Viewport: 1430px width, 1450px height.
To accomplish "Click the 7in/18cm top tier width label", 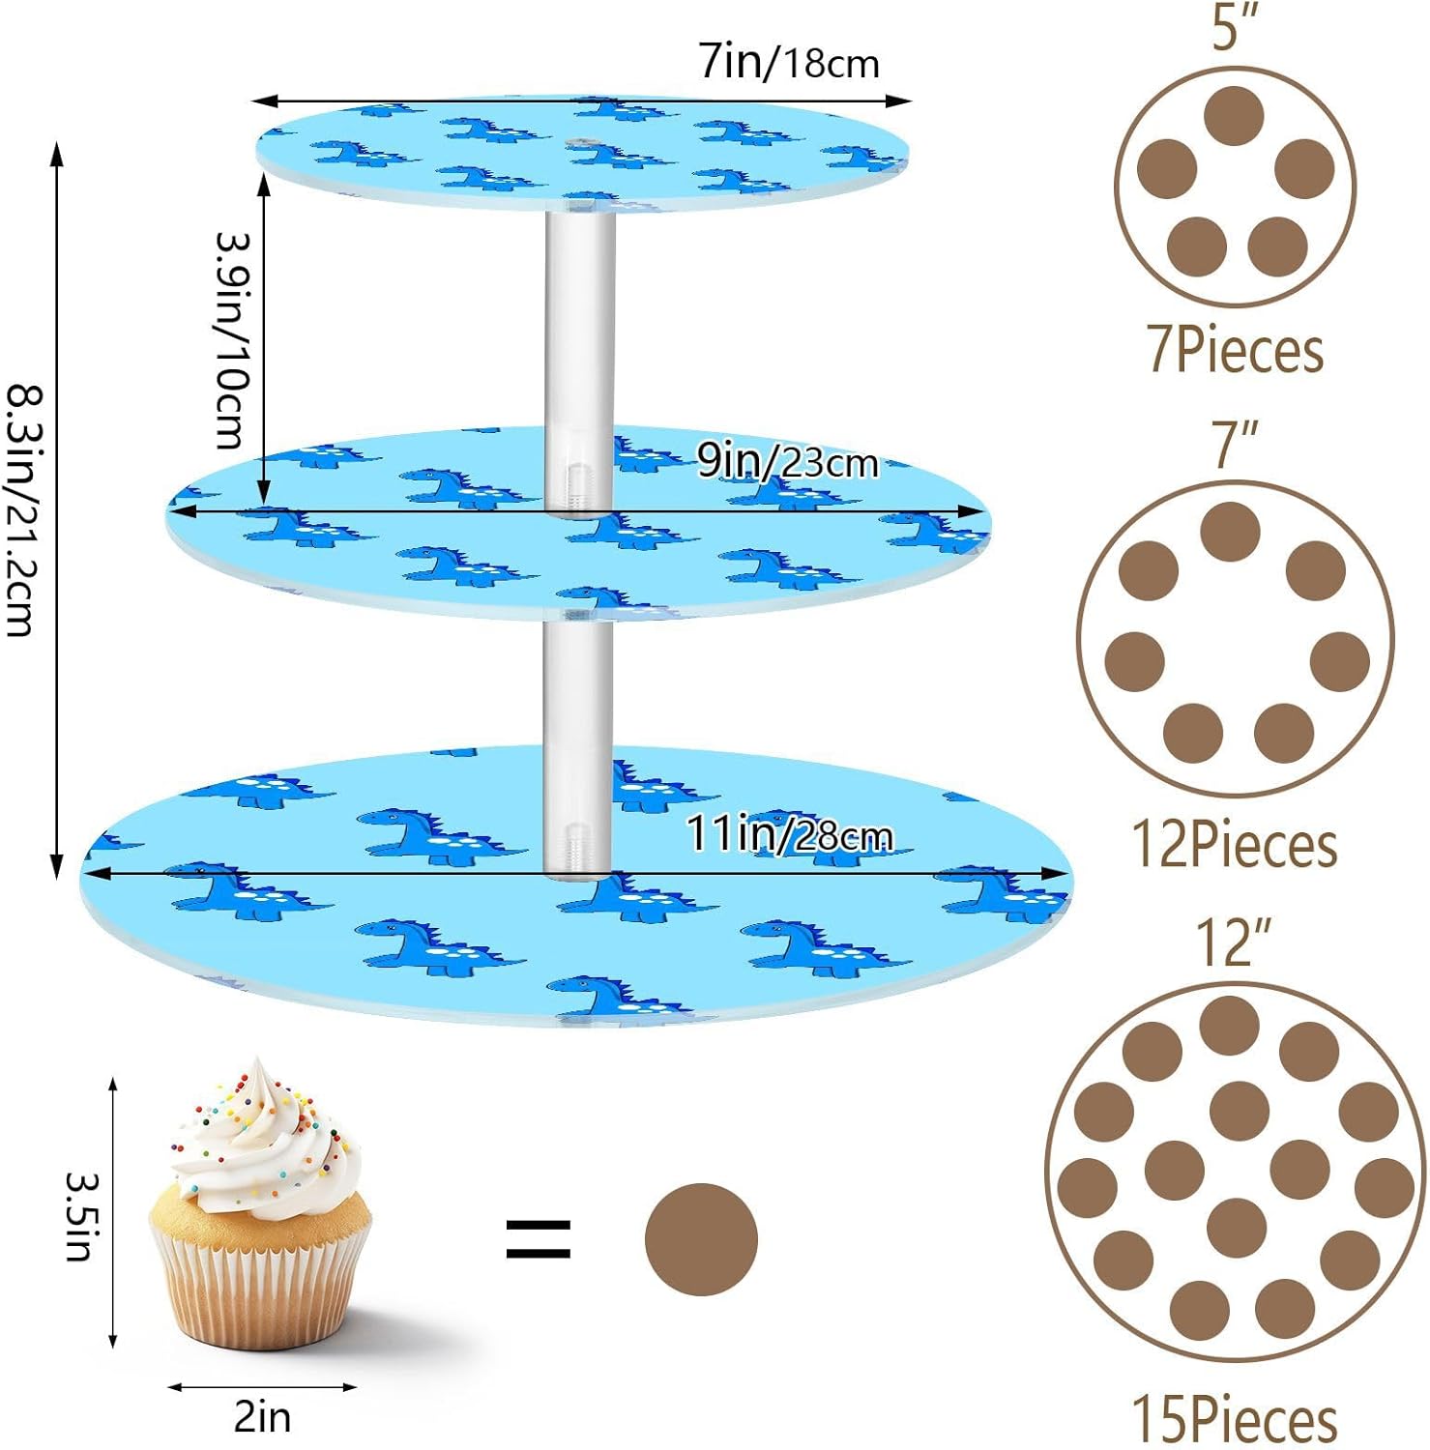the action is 789,62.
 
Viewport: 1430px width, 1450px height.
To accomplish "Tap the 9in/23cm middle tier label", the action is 787,462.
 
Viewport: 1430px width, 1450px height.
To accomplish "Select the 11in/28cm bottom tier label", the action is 789,833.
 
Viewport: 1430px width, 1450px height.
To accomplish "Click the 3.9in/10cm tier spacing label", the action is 232,340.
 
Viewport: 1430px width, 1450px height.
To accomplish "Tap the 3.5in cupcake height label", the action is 79,1216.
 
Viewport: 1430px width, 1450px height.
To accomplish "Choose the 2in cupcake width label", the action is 262,1417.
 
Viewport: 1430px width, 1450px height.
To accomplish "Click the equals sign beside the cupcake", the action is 539,1239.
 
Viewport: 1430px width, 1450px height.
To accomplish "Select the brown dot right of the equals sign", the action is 701,1239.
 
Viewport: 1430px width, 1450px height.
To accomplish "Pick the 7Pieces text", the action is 1235,349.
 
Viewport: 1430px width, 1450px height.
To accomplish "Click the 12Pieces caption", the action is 1235,844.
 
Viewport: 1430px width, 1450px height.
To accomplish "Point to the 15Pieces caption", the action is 1235,1419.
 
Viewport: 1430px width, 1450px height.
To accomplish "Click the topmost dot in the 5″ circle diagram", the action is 1234,116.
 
